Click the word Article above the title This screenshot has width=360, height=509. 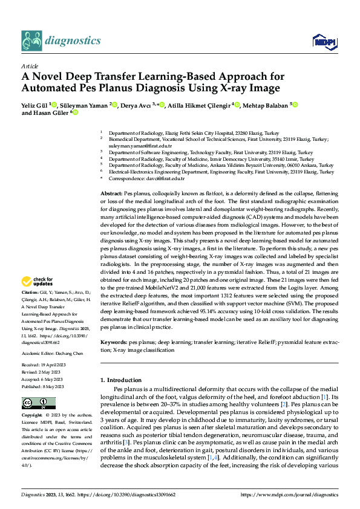pyautogui.click(x=30, y=66)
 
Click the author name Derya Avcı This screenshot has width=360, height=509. pyautogui.click(x=136, y=105)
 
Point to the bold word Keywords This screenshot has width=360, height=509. pyautogui.click(x=114, y=342)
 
